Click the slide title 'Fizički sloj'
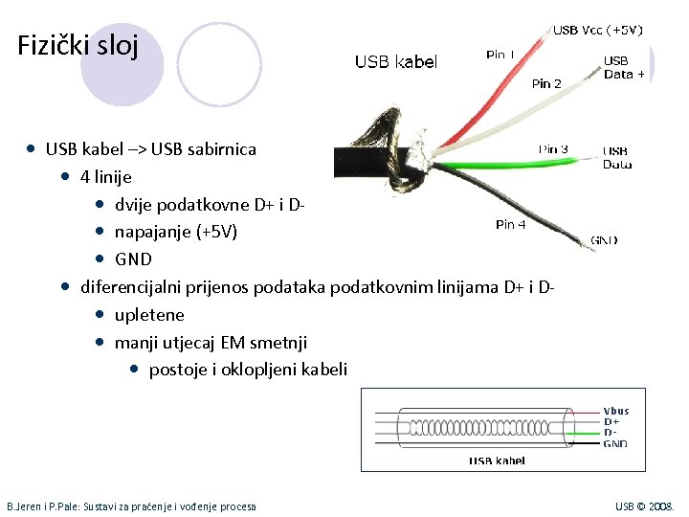pos(78,45)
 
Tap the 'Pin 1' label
pos(500,56)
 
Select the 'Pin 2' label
pos(546,83)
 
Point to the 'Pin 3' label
pos(553,149)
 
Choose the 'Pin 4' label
pos(510,225)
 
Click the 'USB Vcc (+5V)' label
pos(597,30)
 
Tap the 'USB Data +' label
pos(624,67)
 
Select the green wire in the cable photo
pos(536,163)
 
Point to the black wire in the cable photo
pos(517,196)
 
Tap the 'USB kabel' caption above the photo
pos(396,62)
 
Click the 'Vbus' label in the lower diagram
pos(615,412)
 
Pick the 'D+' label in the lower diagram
pos(611,422)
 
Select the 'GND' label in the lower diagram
pos(615,443)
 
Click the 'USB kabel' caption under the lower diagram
pos(496,461)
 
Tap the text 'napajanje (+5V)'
pos(176,232)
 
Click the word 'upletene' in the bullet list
pos(149,315)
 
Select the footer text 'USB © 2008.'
pos(644,506)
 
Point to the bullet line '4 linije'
pos(106,177)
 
